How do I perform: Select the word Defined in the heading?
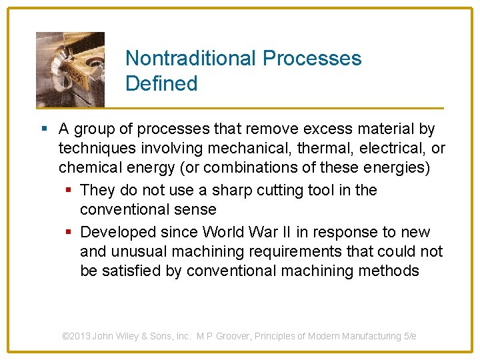[161, 84]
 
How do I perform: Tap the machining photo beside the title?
[70, 69]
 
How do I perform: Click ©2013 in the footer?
[76, 336]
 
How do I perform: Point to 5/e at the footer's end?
[410, 336]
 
